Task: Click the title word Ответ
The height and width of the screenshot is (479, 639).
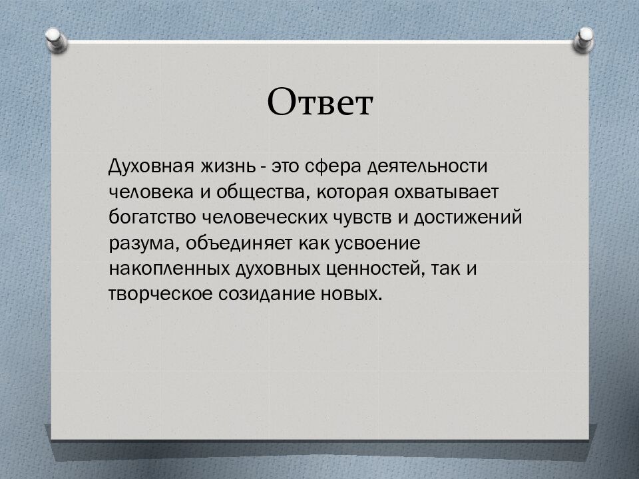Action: coord(320,102)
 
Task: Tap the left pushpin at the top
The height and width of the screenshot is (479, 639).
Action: coord(56,40)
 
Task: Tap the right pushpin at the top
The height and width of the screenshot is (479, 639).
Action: coord(584,39)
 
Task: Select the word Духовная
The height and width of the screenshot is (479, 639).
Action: coord(151,166)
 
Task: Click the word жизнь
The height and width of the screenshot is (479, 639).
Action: coord(228,166)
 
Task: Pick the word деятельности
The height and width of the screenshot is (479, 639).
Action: coord(427,167)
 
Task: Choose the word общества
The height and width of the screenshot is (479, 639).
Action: coord(261,193)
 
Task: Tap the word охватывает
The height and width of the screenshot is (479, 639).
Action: coord(446,192)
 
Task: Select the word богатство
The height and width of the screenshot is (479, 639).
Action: coord(152,217)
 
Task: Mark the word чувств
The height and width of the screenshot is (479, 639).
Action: coord(363,218)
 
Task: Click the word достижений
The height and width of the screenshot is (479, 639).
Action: coord(468,218)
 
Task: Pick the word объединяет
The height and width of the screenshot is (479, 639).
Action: coord(239,243)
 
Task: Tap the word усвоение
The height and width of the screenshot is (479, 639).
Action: coord(377,244)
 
